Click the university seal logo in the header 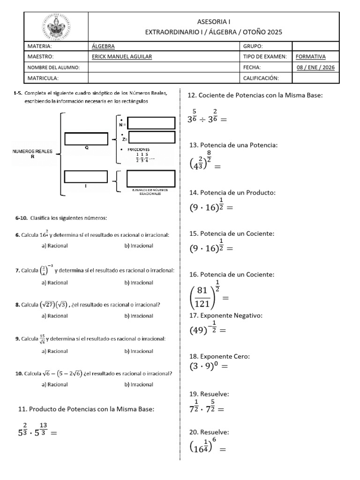click(x=56, y=26)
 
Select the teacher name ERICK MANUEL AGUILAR click(x=121, y=57)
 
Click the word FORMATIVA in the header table click(x=310, y=57)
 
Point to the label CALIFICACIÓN click(x=261, y=78)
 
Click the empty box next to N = click(x=151, y=123)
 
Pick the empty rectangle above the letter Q click(x=87, y=139)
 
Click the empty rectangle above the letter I click(x=87, y=177)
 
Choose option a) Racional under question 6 click(x=54, y=245)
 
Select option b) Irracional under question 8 click(x=139, y=315)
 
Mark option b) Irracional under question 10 click(x=139, y=384)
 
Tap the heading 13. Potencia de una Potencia click(x=233, y=145)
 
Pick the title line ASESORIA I click(x=214, y=22)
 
